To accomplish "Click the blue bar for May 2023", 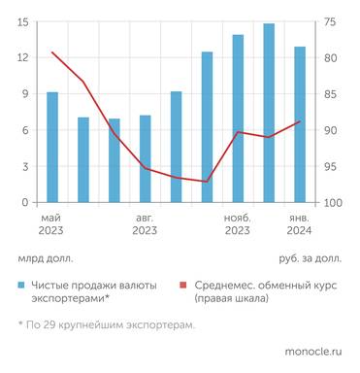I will (52, 148).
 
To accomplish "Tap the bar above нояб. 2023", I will (238, 119).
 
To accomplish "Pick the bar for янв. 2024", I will (300, 124).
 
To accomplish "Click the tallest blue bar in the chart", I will (269, 113).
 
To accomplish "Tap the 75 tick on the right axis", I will (331, 22).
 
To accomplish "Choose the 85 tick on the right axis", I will (331, 94).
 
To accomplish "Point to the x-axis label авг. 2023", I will (145, 224).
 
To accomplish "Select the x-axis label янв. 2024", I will (300, 224).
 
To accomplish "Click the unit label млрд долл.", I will (45, 258).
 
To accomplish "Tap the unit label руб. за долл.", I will (310, 258).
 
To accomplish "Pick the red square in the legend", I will (183, 286).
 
